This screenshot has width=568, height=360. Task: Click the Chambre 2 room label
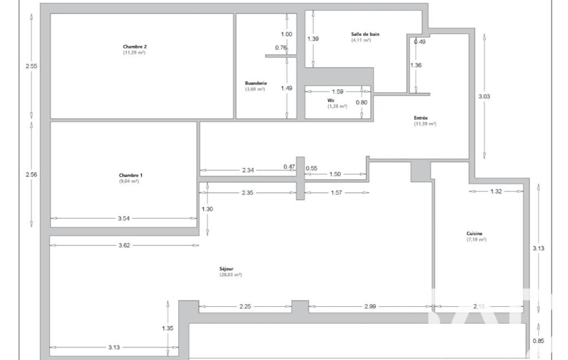[x=135, y=47]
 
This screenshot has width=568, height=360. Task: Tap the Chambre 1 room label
[x=131, y=176]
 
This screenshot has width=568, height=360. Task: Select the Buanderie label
[x=256, y=83]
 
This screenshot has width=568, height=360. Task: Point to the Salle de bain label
[x=365, y=34]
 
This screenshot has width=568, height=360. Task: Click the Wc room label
[x=331, y=100]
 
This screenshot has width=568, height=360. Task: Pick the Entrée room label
[x=421, y=118]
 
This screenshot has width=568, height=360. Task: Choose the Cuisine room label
[x=474, y=234]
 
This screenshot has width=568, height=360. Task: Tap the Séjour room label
[x=227, y=269]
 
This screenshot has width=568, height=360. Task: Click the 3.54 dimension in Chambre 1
[x=124, y=218]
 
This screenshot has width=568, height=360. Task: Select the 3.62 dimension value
[x=124, y=245]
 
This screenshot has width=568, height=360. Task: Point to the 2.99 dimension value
[x=370, y=307]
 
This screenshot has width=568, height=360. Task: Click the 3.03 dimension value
[x=484, y=96]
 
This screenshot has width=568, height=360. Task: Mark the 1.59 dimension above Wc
[x=337, y=91]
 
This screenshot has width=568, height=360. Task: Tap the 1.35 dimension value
[x=168, y=328]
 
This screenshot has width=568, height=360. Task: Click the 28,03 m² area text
[x=231, y=275]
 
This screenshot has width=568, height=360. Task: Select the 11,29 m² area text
[x=135, y=53]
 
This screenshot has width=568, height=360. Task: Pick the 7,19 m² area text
[x=477, y=240]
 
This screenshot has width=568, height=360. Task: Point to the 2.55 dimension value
[x=31, y=66]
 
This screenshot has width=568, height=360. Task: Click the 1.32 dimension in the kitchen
[x=496, y=192]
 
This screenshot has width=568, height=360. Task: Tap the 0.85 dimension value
[x=538, y=341]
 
